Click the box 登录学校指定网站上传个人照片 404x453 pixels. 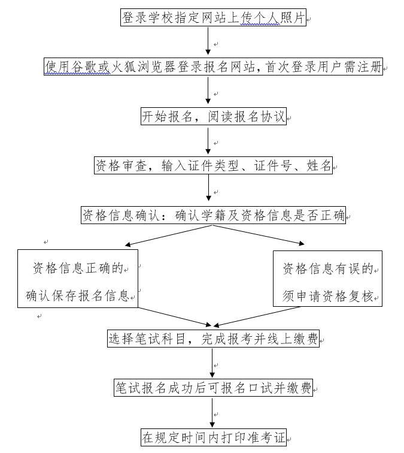213,18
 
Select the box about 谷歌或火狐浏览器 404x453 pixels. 213,67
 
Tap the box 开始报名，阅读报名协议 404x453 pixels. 213,116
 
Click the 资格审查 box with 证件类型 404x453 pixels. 213,165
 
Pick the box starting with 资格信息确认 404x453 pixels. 213,215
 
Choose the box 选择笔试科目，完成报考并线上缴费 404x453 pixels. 213,339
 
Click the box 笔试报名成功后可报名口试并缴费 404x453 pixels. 213,388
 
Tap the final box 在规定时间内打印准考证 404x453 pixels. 213,437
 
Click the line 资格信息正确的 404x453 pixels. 78,268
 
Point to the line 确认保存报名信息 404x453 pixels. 78,295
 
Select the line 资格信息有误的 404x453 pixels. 327,268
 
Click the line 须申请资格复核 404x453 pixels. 327,295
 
